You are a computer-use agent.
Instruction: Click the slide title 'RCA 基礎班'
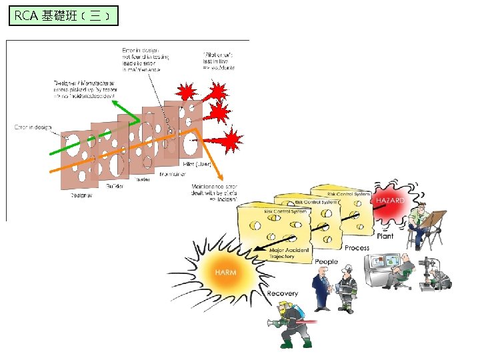pos(63,15)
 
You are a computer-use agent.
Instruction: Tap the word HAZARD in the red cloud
pos(391,201)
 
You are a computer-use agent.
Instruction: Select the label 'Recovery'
pos(282,294)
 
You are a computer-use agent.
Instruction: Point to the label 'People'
pos(327,262)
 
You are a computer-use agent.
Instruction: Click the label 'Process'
pos(357,248)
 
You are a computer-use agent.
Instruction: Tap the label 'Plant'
pos(385,235)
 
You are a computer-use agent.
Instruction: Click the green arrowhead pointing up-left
pos(114,103)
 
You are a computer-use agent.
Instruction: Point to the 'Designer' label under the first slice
pos(81,196)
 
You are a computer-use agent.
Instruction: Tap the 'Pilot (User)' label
pos(197,164)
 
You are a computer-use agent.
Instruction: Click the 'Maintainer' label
pos(173,174)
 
